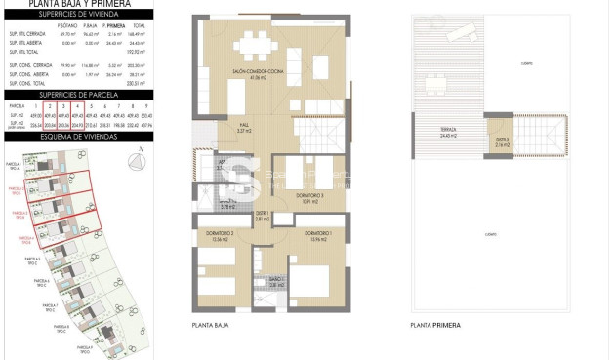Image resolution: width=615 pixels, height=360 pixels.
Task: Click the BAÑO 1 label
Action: coord(276,282)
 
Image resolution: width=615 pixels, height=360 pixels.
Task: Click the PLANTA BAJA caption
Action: coord(210,325)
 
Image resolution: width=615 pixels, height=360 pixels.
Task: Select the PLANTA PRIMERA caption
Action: coord(435,325)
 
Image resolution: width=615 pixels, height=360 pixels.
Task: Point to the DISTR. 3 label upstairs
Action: coord(502,141)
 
